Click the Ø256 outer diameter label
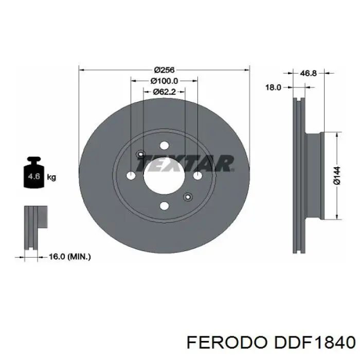tap(164, 70)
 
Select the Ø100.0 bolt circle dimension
tap(164, 81)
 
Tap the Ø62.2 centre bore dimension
tap(164, 92)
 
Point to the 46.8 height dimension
tap(309, 73)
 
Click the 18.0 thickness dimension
tap(273, 87)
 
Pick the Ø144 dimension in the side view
tap(337, 175)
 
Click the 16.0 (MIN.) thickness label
tap(70, 257)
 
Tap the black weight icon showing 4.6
tap(34, 172)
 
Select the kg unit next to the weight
tap(51, 177)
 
